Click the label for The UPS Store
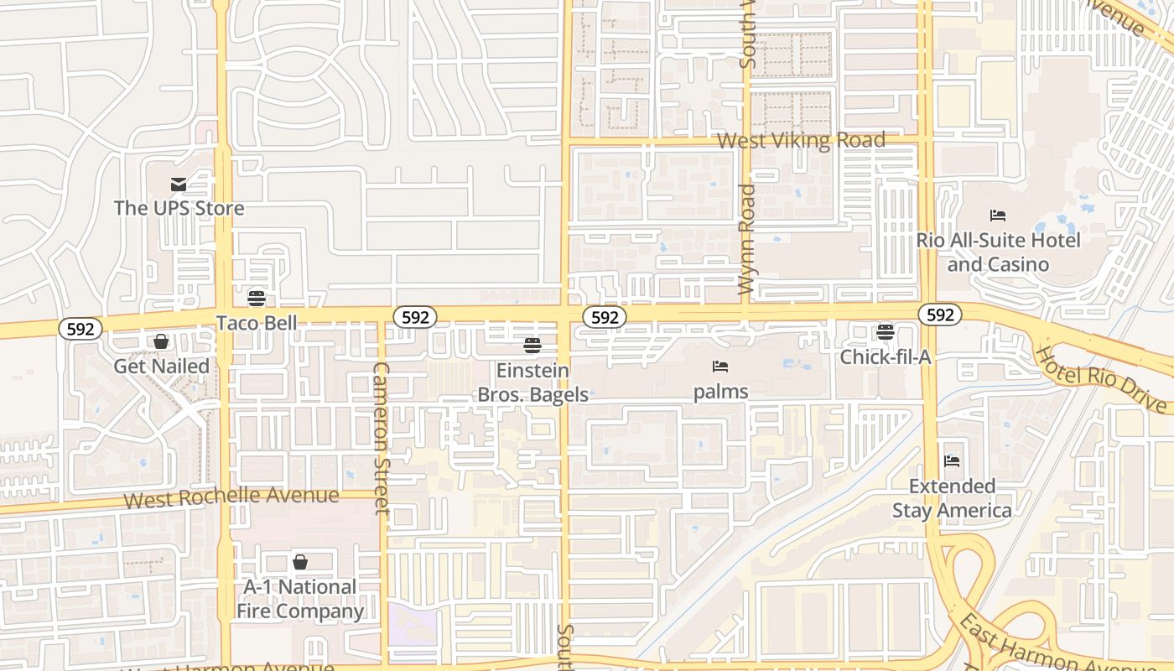pos(179,208)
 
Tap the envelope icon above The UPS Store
pos(178,185)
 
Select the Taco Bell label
pos(257,323)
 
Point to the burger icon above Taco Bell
pos(257,299)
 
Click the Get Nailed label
pos(161,366)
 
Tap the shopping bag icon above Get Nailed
pos(160,341)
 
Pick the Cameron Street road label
pos(382,438)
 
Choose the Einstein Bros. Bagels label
pos(532,382)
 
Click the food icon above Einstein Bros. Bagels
pos(532,345)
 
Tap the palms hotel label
pos(720,392)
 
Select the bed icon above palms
pos(720,367)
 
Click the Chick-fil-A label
pos(886,357)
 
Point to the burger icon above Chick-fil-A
pos(886,332)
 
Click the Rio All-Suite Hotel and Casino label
pos(998,252)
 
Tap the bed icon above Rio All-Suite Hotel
pos(998,216)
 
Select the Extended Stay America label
pos(952,498)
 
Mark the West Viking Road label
pos(801,140)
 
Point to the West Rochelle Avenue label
pos(231,497)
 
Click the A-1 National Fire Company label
pos(300,599)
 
